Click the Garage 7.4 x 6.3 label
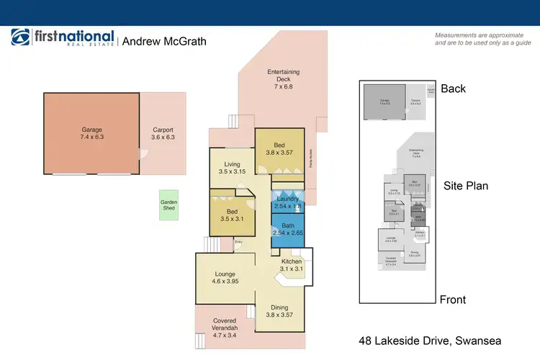coord(91,133)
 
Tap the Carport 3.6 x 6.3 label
coord(163,133)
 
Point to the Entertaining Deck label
coord(283,79)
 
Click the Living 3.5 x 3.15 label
coord(231,168)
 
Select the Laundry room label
coord(287,203)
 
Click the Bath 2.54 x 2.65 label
coord(287,229)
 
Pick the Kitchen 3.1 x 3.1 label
coord(292,264)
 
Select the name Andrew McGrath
coord(164,42)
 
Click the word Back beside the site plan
coord(454,89)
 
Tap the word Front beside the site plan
coord(453,300)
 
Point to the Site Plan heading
coord(466,186)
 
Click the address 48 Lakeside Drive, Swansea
coord(429,341)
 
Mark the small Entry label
coord(240,242)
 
